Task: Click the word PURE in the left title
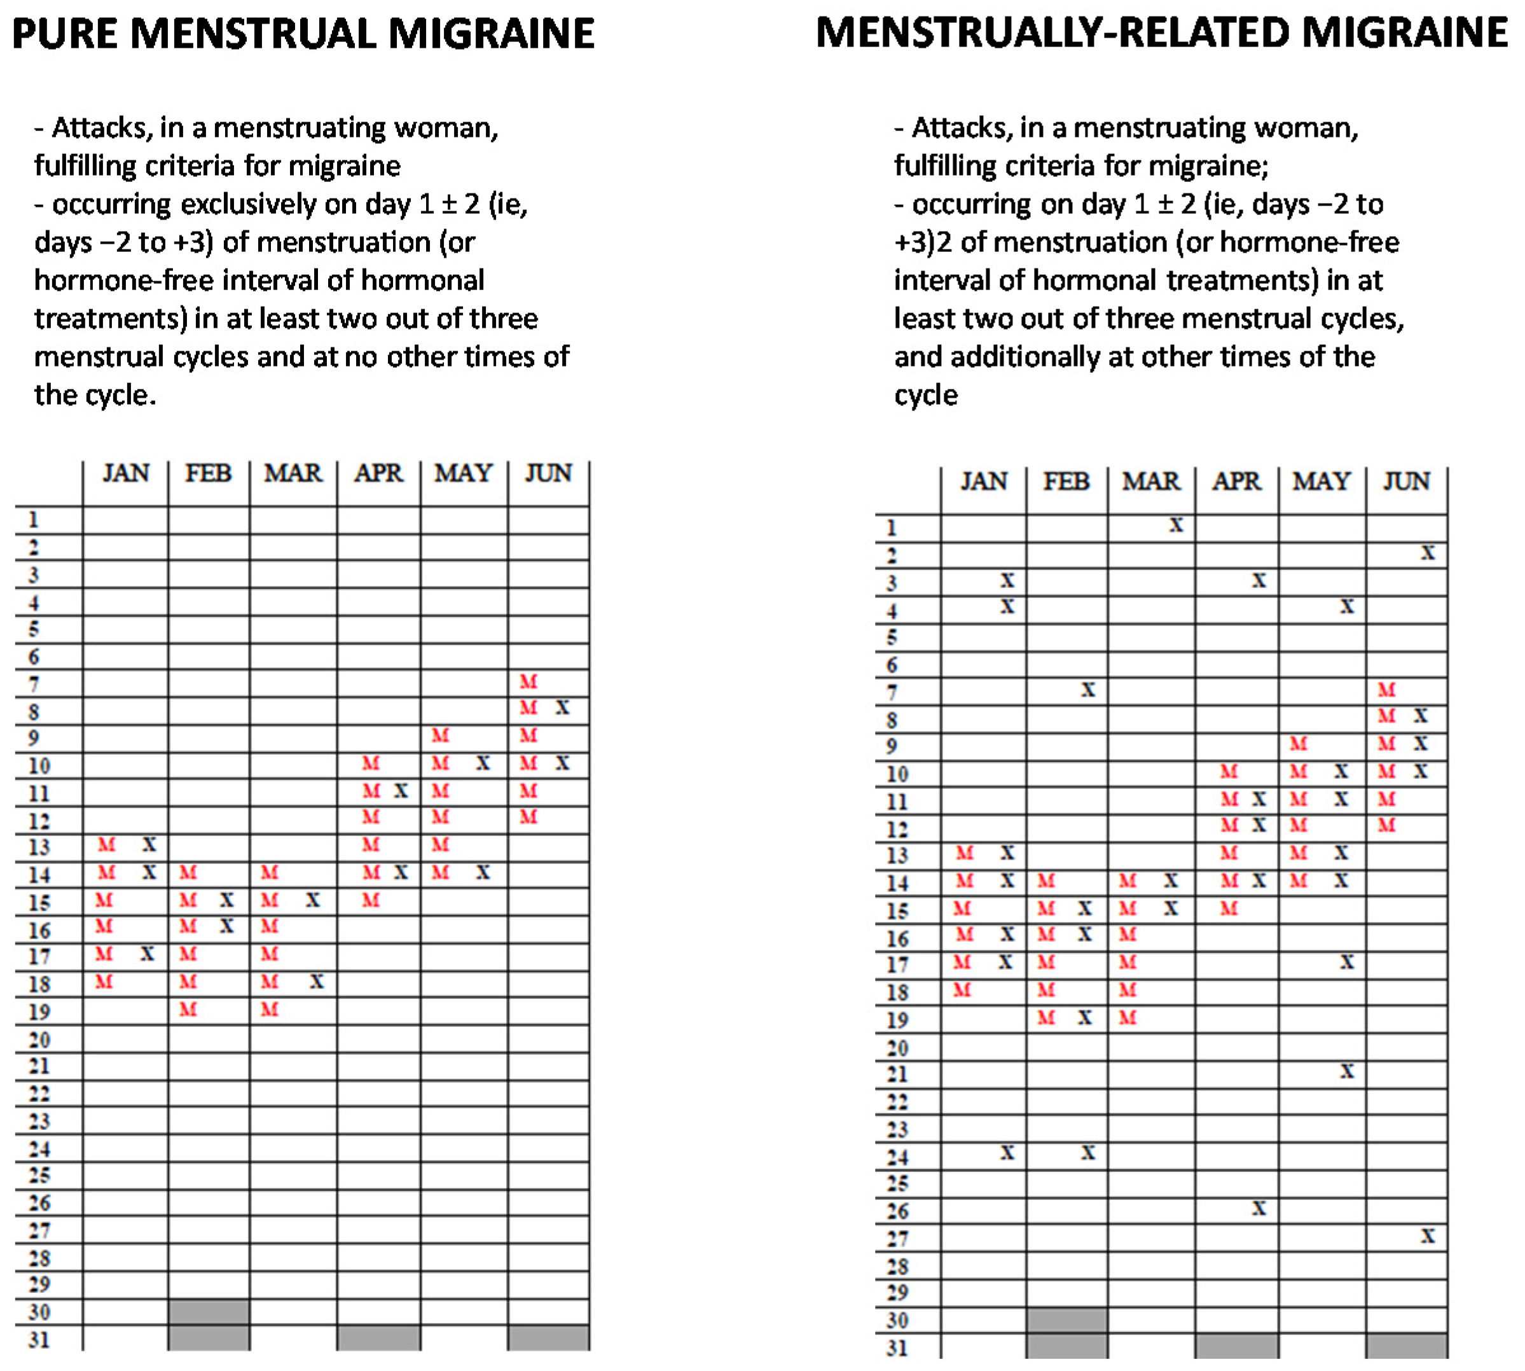pos(65,34)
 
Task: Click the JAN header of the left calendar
pos(126,473)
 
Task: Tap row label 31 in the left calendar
pos(39,1339)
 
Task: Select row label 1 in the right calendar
pos(892,527)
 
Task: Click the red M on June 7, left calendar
pos(528,682)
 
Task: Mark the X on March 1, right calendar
pos(1176,525)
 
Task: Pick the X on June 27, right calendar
pos(1427,1236)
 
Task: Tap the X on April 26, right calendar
pos(1259,1208)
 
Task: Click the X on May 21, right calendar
pos(1346,1071)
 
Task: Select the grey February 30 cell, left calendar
pos(209,1311)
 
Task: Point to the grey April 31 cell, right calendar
pos(1236,1346)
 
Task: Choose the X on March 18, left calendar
pos(316,981)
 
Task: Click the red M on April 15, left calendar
pos(371,900)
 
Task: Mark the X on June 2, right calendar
pos(1427,553)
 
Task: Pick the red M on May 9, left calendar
pos(440,735)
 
